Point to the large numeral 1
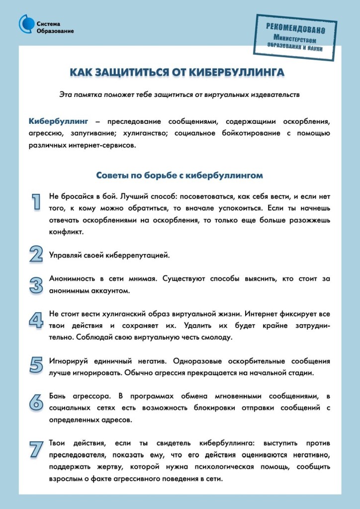[x=36, y=201]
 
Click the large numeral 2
[x=36, y=254]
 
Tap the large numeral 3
[x=36, y=285]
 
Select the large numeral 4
[x=36, y=320]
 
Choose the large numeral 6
[x=36, y=401]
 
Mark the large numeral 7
[x=36, y=448]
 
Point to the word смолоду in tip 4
[x=215, y=338]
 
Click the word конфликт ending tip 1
[x=66, y=232]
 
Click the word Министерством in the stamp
[x=296, y=38]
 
